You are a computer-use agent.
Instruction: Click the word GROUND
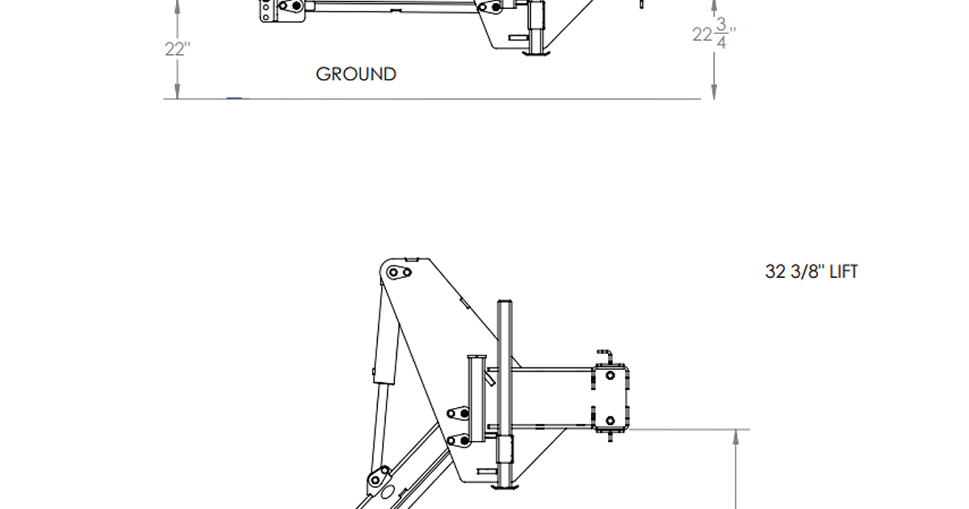pos(356,74)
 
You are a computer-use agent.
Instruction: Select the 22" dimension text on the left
pos(177,48)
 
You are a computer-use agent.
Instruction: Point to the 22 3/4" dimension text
pos(714,35)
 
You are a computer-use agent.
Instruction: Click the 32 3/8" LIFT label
pos(811,271)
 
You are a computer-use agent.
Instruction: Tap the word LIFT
pos(843,271)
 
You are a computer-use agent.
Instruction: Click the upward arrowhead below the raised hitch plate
pos(736,436)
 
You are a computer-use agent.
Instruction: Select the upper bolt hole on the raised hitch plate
pos(610,375)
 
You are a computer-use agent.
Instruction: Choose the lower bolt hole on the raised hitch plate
pos(610,420)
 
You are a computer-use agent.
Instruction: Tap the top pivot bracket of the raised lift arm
pos(398,272)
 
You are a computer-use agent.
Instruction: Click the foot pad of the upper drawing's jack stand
pos(536,54)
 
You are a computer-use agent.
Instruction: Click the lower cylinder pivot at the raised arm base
pos(378,480)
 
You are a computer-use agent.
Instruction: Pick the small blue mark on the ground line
pos(235,98)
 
